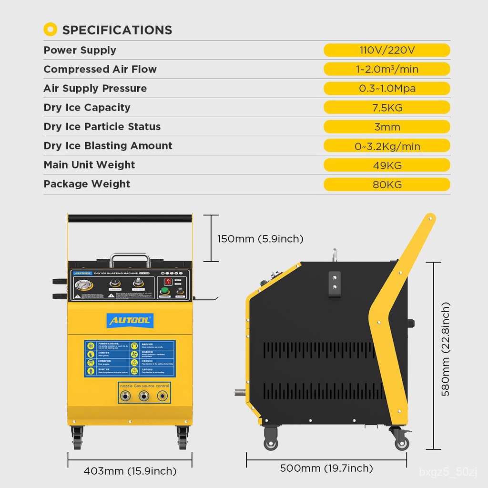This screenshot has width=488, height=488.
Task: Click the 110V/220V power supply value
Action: (386, 50)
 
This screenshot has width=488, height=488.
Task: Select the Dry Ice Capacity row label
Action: (87, 107)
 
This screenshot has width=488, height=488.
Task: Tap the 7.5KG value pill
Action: (386, 108)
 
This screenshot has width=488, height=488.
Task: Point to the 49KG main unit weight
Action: (386, 165)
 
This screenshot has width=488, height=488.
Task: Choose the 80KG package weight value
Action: (386, 184)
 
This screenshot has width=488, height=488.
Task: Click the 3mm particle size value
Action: (386, 127)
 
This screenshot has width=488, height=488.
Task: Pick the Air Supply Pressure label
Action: (95, 88)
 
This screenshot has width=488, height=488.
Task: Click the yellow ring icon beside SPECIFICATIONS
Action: (50, 30)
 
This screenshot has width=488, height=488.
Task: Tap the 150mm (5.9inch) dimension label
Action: (260, 238)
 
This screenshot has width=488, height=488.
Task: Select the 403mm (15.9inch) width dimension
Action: (130, 471)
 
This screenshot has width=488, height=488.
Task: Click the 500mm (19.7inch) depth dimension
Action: (326, 468)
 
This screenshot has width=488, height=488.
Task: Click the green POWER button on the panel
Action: (165, 291)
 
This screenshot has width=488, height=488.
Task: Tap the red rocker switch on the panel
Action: (168, 281)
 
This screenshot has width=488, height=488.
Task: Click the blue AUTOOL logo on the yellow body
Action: (131, 320)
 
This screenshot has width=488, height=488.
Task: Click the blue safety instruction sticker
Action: (130, 358)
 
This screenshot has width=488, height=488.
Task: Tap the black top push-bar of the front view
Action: (130, 218)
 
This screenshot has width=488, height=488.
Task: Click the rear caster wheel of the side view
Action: (401, 442)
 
